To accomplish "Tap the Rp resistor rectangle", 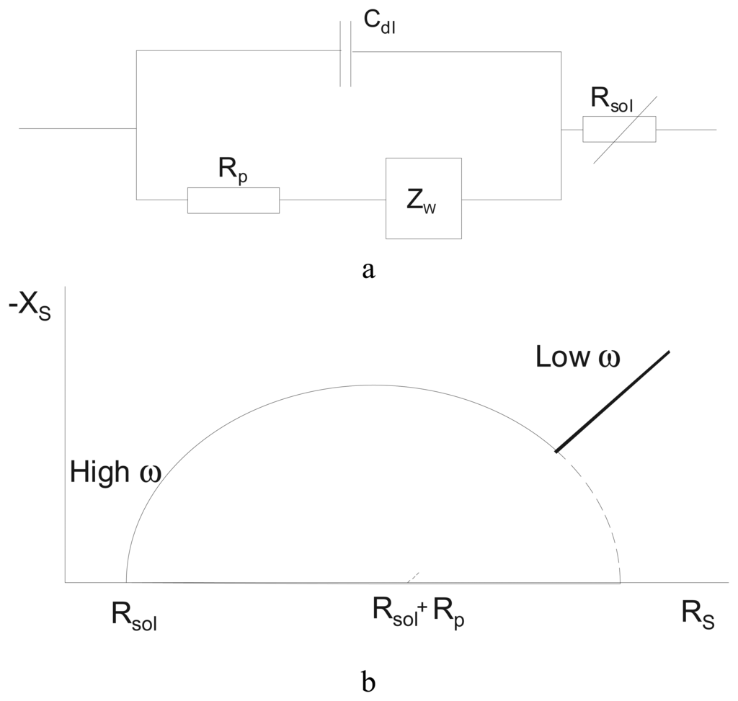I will click(x=233, y=200).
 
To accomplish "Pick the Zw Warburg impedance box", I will click(x=423, y=198).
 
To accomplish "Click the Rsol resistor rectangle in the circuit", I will click(x=619, y=129).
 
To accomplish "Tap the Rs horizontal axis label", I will click(x=698, y=613).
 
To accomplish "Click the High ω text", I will click(x=115, y=473).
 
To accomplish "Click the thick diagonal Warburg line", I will click(x=613, y=401).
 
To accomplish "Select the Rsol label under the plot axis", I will click(x=134, y=615).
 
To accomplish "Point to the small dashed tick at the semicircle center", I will click(x=414, y=577).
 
